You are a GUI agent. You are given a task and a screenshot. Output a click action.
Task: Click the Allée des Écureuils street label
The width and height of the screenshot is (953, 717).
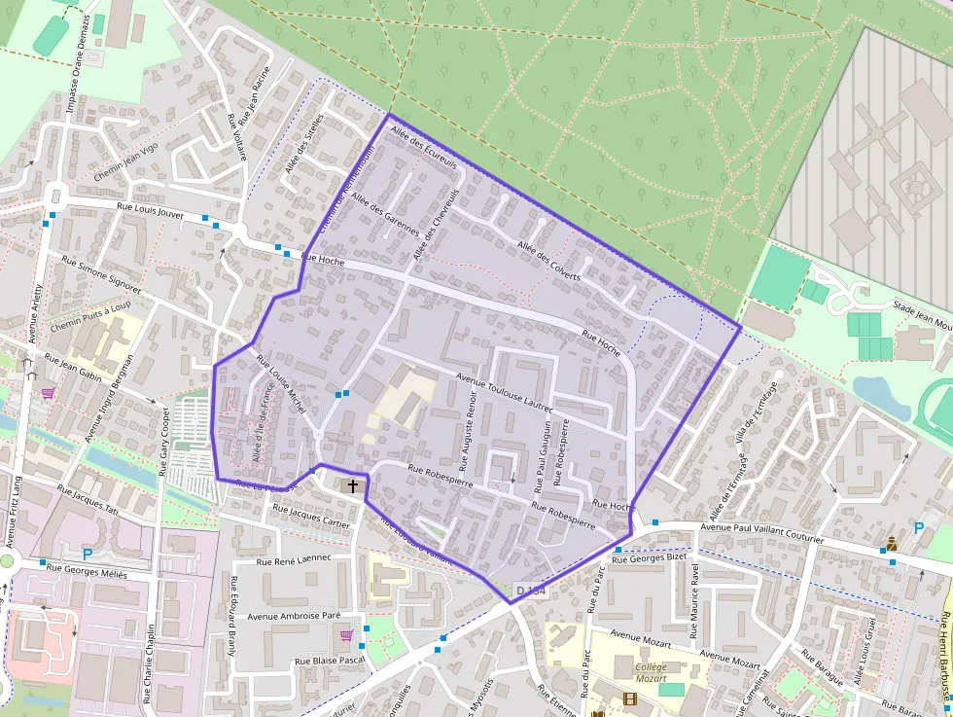[x=423, y=147]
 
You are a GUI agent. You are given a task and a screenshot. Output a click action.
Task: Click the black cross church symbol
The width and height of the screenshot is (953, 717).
[x=352, y=484]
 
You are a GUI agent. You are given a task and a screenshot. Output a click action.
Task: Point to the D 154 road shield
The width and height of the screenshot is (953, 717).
[x=532, y=591]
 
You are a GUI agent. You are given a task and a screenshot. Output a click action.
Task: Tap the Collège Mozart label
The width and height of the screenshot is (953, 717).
[x=652, y=673]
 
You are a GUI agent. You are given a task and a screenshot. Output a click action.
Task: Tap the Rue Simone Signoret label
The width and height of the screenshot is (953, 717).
[x=100, y=275]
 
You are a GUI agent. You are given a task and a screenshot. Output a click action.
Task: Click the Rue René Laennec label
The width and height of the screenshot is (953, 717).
[x=293, y=559]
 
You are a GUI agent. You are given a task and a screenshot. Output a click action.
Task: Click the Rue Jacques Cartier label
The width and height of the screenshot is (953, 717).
[x=310, y=516]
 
